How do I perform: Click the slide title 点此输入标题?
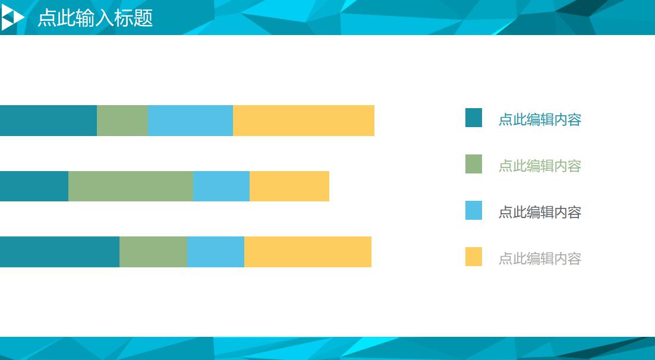pos(95,18)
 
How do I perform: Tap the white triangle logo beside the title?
pos(12,18)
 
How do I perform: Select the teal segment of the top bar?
pos(49,121)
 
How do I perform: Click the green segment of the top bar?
pos(122,121)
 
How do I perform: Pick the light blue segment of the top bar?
pos(190,121)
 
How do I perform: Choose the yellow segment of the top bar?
pos(304,121)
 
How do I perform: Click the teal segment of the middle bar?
pos(34,187)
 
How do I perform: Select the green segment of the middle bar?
pos(131,187)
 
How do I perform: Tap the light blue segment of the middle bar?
pos(221,187)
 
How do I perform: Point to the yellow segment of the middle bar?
pos(289,187)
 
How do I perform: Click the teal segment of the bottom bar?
pos(60,252)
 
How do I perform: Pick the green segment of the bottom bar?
pos(153,252)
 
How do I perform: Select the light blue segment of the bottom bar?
pos(216,252)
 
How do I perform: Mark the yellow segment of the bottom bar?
pos(308,252)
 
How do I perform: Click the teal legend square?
pos(474,118)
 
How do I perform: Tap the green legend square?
pos(474,164)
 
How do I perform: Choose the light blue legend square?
pos(474,210)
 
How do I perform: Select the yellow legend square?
pos(474,257)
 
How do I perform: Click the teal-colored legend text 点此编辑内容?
pos(540,120)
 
